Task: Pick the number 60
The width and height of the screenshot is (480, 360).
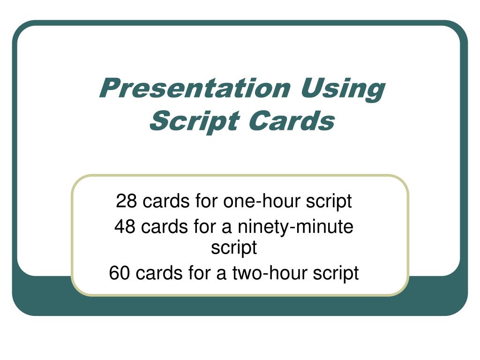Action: pos(120,272)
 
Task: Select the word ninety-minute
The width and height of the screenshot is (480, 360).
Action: pos(295,227)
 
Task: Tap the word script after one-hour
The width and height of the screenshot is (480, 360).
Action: pos(329,202)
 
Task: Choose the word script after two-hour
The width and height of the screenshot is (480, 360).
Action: pos(336,273)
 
